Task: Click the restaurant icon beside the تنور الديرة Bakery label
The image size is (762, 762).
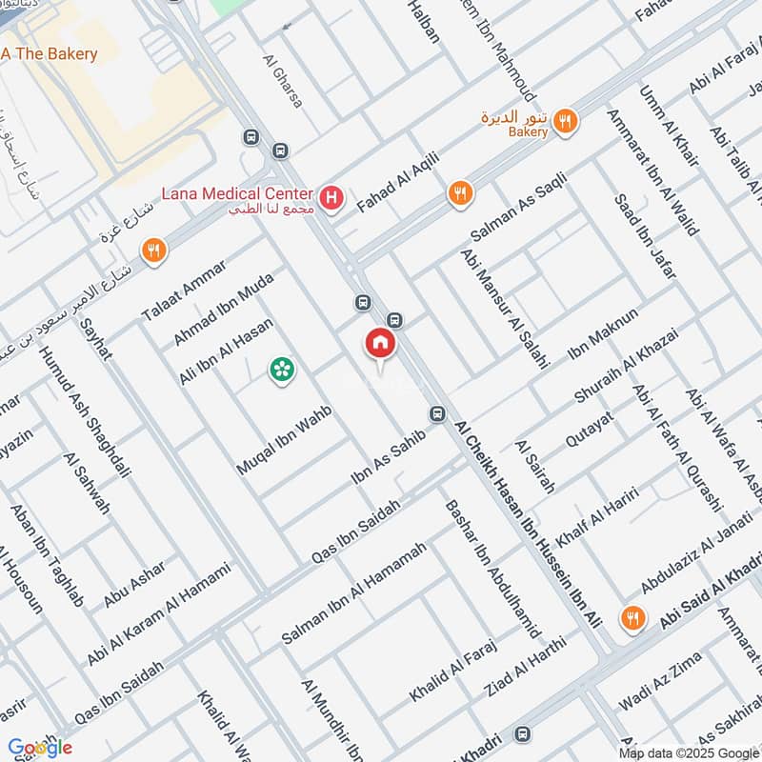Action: point(566,121)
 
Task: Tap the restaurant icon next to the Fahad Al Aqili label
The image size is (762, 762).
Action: point(460,193)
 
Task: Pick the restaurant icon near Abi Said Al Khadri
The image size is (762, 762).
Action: point(631,618)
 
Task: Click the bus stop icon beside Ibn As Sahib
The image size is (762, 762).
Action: point(437,414)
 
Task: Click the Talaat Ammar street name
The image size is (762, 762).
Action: point(184,290)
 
